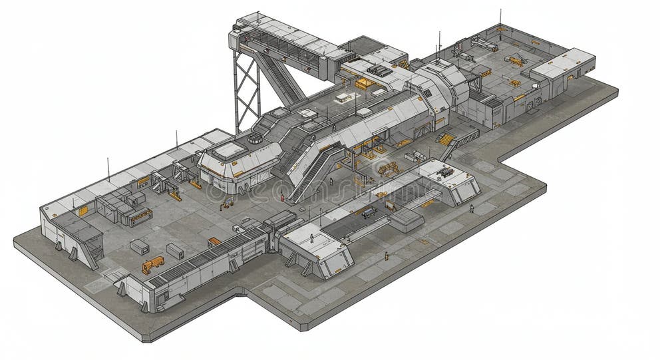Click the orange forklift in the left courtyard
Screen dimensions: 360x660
pyautogui.click(x=152, y=264)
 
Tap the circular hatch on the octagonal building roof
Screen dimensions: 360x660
pyautogui.click(x=255, y=139)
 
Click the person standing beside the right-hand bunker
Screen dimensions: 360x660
pyautogui.click(x=472, y=209)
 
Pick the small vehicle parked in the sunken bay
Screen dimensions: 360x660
pyautogui.click(x=368, y=213)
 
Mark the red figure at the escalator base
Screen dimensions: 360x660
pyautogui.click(x=282, y=198)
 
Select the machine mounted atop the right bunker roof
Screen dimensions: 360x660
pyautogui.click(x=444, y=172)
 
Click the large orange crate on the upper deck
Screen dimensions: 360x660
pyautogui.click(x=364, y=84)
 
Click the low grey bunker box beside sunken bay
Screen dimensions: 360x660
pyautogui.click(x=407, y=220)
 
